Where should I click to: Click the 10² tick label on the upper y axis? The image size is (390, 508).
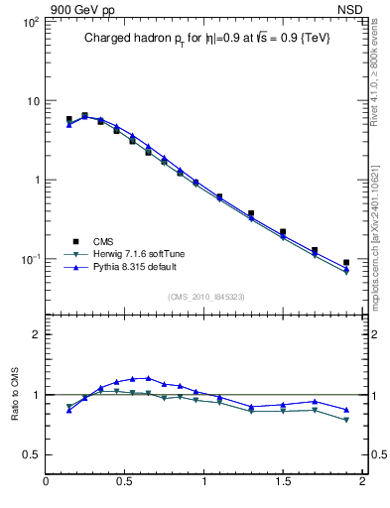[30, 22]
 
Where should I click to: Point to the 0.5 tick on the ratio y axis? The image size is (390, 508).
[31, 453]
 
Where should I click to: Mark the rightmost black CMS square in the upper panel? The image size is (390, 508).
[346, 263]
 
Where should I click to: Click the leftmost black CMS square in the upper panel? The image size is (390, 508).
[68, 120]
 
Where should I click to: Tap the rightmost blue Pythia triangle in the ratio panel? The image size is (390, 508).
[346, 410]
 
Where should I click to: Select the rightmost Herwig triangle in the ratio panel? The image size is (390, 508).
[346, 421]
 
